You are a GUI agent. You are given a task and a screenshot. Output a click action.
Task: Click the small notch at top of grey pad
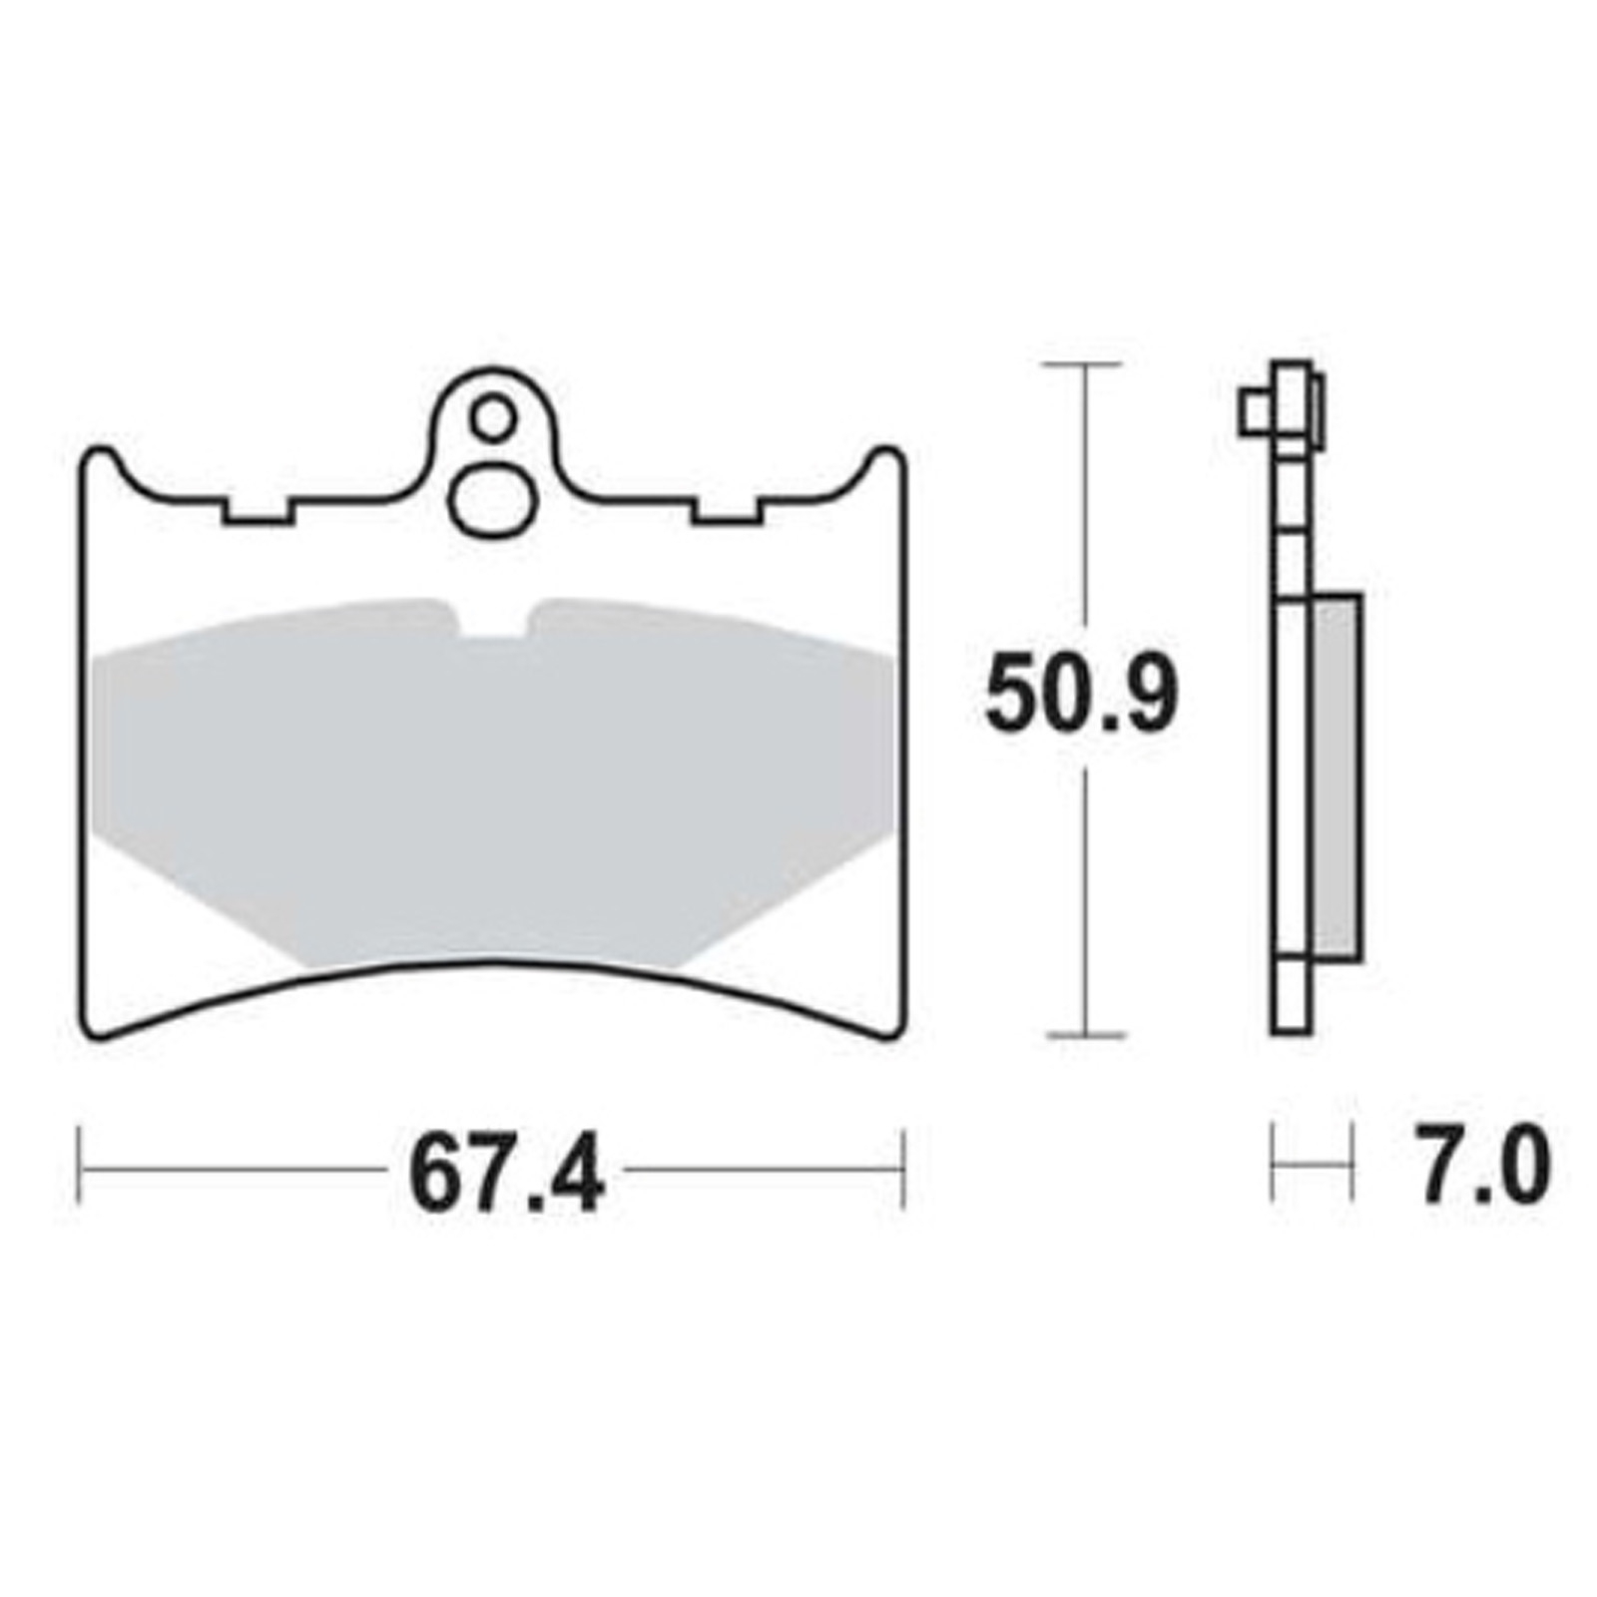(491, 623)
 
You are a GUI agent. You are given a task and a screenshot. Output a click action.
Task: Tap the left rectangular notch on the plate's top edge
(258, 511)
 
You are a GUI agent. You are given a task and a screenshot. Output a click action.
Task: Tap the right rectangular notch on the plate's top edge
(726, 511)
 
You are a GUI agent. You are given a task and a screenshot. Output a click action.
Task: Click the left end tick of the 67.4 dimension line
(80, 1169)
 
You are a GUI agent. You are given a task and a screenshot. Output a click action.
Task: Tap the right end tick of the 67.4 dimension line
(903, 1169)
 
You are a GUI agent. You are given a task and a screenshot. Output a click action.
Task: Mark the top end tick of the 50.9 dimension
(1084, 366)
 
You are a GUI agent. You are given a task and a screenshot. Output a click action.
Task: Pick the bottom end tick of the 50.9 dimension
(1086, 1035)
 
